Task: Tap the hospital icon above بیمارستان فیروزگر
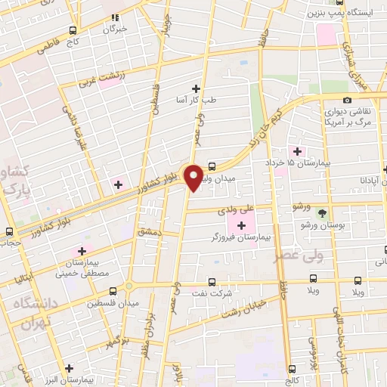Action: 242,225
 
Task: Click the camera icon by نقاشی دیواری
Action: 347,100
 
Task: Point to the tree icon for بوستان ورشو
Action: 323,213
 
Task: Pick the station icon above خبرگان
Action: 115,16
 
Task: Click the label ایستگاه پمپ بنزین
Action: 339,14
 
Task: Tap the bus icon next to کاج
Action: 72,31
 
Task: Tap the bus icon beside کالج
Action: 292,369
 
